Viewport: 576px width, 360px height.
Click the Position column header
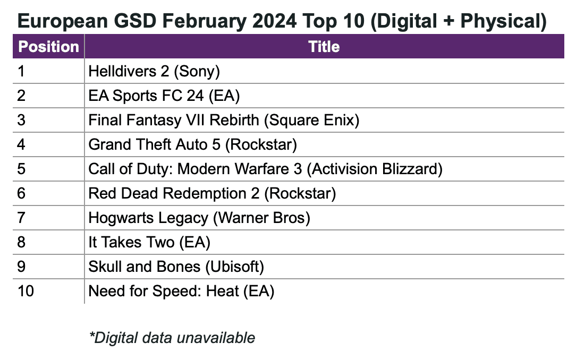(x=48, y=47)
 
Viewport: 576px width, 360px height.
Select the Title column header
(x=324, y=47)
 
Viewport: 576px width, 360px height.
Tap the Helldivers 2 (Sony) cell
(x=154, y=71)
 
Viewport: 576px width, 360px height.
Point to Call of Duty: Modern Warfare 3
(x=196, y=169)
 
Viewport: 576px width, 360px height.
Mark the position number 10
(x=26, y=291)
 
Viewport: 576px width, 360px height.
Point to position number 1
(x=21, y=71)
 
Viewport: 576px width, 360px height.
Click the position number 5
(x=21, y=169)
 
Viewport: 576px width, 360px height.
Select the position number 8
(x=21, y=242)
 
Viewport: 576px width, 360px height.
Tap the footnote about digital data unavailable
(x=172, y=337)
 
